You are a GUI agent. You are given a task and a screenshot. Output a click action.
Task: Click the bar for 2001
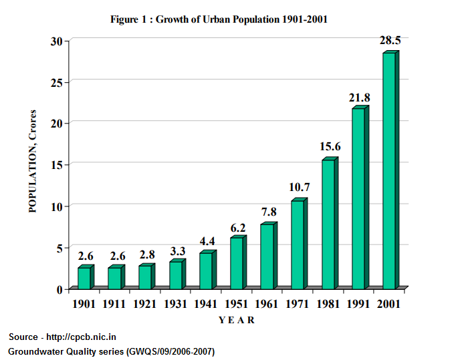[x=388, y=170]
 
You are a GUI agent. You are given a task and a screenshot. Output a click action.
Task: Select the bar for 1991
[x=358, y=198]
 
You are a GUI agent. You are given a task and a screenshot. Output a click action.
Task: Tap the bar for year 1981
[x=328, y=224]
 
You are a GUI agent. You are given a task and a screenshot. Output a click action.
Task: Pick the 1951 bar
[x=236, y=263]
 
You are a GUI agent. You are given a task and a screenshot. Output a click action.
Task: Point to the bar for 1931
[x=175, y=275]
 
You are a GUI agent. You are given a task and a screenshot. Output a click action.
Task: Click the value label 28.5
[x=390, y=41]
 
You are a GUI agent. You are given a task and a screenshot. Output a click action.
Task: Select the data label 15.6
[x=329, y=146]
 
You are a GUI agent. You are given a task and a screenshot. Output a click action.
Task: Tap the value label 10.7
[x=298, y=187]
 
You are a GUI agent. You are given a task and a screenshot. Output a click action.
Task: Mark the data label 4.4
[x=207, y=240]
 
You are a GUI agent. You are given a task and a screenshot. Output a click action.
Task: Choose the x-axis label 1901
[x=84, y=304]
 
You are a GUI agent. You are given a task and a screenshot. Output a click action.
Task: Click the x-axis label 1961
[x=266, y=304]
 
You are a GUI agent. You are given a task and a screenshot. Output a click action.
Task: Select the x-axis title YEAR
[x=237, y=320]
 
